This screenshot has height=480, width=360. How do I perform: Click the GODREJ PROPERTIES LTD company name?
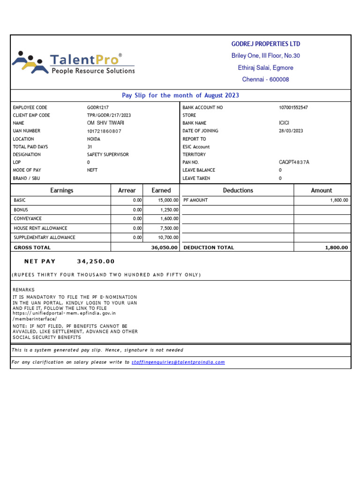point(266,44)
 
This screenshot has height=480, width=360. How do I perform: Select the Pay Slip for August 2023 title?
point(180,96)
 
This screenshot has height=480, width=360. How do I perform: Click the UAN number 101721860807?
point(104,131)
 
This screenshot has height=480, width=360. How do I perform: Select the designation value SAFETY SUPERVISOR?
point(108,155)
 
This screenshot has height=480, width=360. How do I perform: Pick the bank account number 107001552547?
point(293,108)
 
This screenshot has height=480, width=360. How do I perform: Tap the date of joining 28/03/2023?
point(291,131)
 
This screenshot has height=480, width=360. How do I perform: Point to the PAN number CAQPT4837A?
point(294,163)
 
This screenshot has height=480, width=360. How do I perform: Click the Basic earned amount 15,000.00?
point(168,200)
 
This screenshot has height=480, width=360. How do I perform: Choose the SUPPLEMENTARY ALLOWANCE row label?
point(45,238)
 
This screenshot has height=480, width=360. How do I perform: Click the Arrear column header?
point(127,190)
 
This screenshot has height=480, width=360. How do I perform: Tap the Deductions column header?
point(238,190)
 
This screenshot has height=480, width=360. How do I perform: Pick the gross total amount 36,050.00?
point(164,247)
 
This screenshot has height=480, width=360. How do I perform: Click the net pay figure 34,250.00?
point(96,262)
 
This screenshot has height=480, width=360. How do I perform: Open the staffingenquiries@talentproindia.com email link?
point(178,362)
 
